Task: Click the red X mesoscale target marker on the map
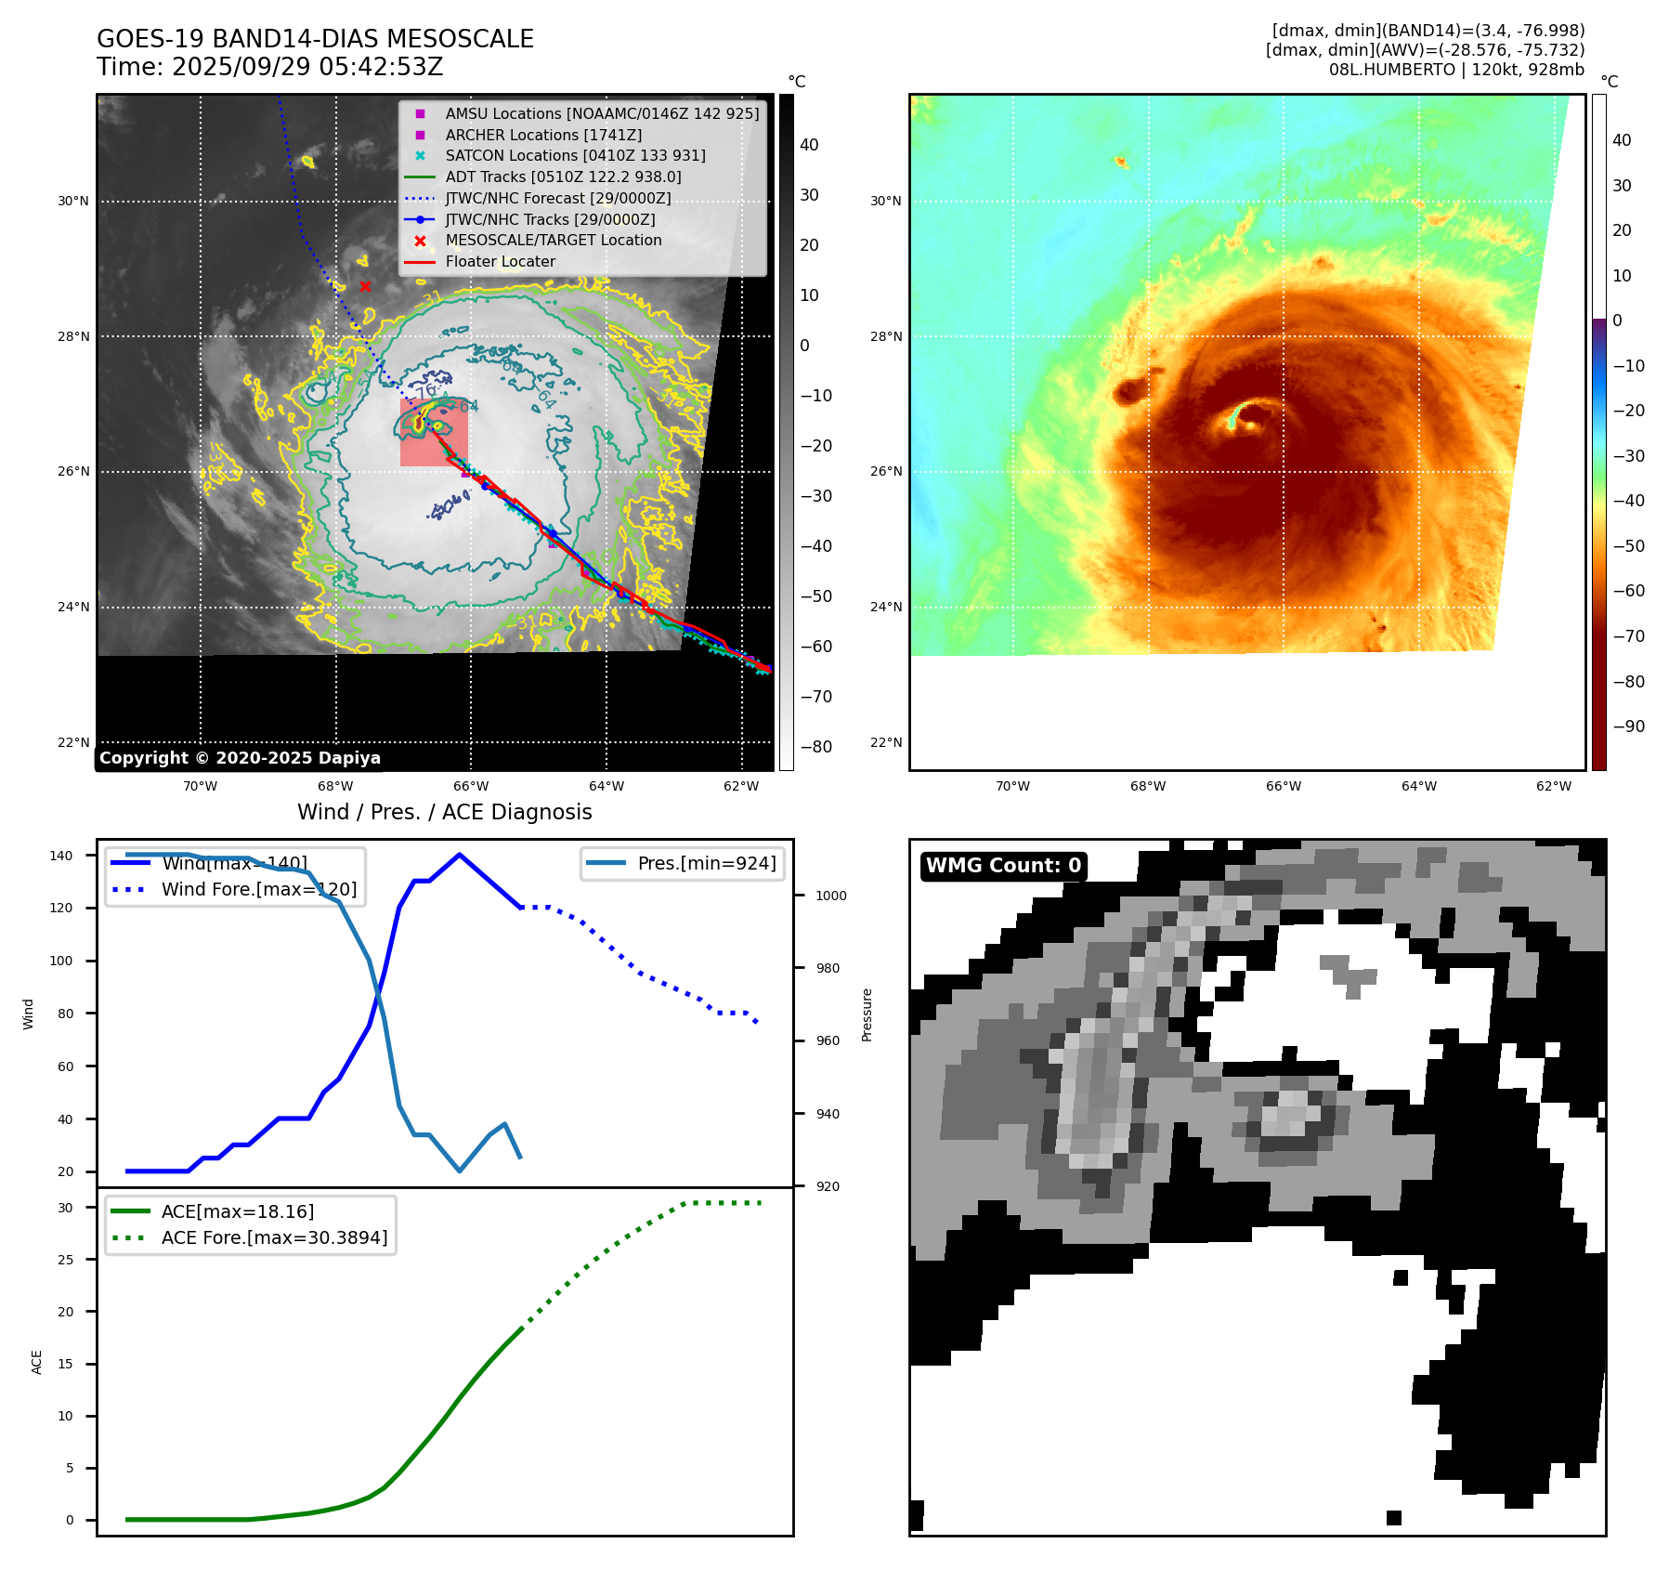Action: pos(365,286)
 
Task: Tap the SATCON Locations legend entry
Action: pos(575,155)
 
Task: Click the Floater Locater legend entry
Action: pos(500,261)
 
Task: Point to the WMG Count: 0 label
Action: pos(1003,866)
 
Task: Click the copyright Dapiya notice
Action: pos(240,758)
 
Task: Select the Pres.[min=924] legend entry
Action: pos(706,863)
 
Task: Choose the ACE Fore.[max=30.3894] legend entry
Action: pos(274,1237)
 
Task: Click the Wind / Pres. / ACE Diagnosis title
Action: pos(444,812)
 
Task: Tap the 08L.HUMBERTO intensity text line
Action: pos(1455,70)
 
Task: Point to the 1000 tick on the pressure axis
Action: pos(830,896)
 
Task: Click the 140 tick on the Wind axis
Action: pos(61,856)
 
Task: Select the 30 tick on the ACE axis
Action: pos(66,1208)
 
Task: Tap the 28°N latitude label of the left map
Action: pos(73,336)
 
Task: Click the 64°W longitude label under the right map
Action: pos(1418,786)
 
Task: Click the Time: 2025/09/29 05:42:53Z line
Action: pos(269,68)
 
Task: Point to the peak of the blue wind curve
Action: pos(460,855)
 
